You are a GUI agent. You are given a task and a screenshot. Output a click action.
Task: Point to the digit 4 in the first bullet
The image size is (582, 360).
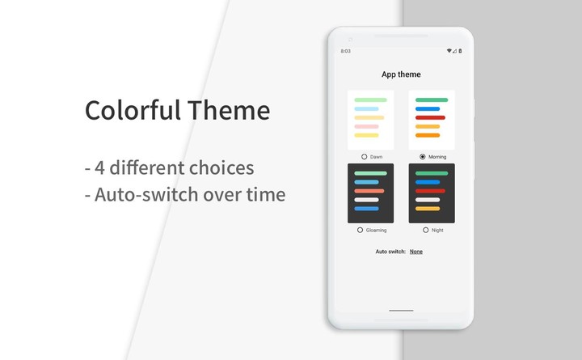tap(99, 168)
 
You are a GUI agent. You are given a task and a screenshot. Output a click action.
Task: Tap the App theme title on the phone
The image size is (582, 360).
tap(401, 74)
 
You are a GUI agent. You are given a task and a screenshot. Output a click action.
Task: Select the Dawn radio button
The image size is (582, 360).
tap(365, 156)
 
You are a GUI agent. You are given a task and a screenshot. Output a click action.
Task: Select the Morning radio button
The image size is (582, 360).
tap(423, 156)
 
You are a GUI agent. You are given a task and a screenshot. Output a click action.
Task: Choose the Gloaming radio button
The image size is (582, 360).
tap(360, 230)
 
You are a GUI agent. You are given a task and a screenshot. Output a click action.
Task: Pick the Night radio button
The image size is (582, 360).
tap(426, 230)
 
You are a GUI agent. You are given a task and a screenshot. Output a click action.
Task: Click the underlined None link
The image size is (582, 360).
tap(416, 252)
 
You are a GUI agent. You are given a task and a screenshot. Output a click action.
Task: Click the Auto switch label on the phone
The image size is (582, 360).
tap(390, 252)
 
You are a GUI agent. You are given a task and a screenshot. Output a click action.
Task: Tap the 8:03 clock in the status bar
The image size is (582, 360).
tap(346, 51)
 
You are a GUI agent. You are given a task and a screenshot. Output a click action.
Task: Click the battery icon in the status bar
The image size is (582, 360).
tap(460, 51)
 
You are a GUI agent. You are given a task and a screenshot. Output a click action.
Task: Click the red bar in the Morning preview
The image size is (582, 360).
tap(430, 117)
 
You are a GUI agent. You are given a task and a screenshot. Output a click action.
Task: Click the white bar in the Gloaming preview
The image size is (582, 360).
tap(367, 200)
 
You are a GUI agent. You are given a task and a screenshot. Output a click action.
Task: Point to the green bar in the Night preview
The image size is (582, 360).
tap(432, 173)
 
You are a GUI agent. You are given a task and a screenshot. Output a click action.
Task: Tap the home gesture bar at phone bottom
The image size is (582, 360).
tap(401, 310)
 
